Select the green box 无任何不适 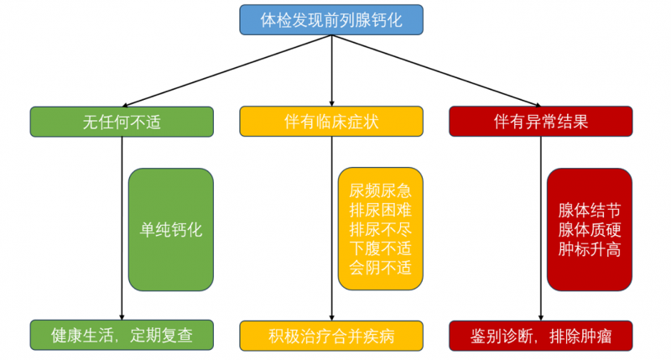[x=122, y=122]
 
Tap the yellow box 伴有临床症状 [x=331, y=122]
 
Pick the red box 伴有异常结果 [x=541, y=122]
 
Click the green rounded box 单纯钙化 [x=171, y=229]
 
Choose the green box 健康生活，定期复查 [x=122, y=335]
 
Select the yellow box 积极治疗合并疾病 [x=331, y=335]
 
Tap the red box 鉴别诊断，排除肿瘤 [x=541, y=335]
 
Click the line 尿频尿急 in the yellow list [x=381, y=190]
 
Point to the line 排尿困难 [x=381, y=210]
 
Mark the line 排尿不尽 [x=381, y=229]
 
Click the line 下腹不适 [x=381, y=248]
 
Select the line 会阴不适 [x=381, y=268]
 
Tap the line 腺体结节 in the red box [x=589, y=210]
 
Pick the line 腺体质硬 [x=589, y=229]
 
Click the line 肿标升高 [x=589, y=248]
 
